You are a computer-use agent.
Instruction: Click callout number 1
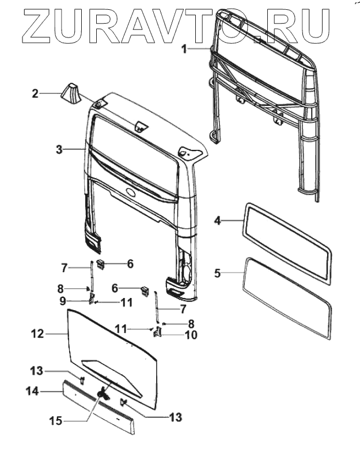click(x=184, y=50)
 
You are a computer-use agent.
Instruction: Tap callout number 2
click(x=35, y=93)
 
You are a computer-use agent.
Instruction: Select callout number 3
click(x=59, y=150)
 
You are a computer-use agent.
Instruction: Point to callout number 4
click(x=217, y=220)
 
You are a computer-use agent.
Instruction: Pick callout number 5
click(x=217, y=273)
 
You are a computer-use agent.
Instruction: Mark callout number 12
click(x=37, y=333)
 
